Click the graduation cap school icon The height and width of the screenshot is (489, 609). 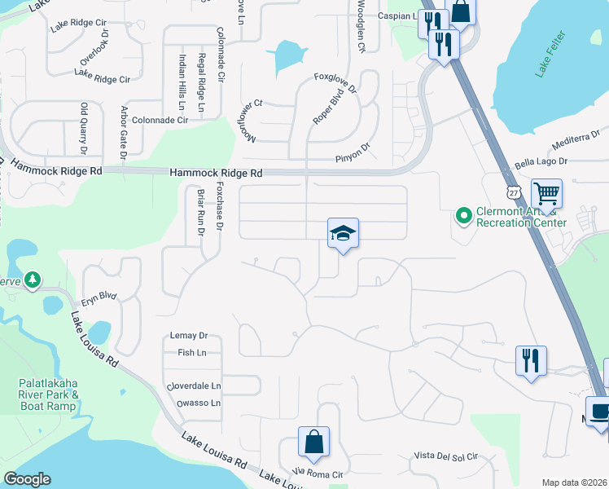(x=343, y=234)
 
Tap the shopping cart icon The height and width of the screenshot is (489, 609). (x=546, y=194)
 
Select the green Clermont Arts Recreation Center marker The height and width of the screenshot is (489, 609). (x=464, y=216)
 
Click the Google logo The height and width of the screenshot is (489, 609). (x=27, y=479)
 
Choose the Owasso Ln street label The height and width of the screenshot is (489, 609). (x=193, y=403)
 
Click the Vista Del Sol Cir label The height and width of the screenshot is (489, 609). (x=444, y=455)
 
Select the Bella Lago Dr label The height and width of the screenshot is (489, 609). (x=541, y=164)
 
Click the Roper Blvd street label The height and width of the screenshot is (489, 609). (x=324, y=108)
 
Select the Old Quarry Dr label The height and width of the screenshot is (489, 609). (x=83, y=129)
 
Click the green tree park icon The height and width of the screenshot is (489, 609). (x=33, y=280)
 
